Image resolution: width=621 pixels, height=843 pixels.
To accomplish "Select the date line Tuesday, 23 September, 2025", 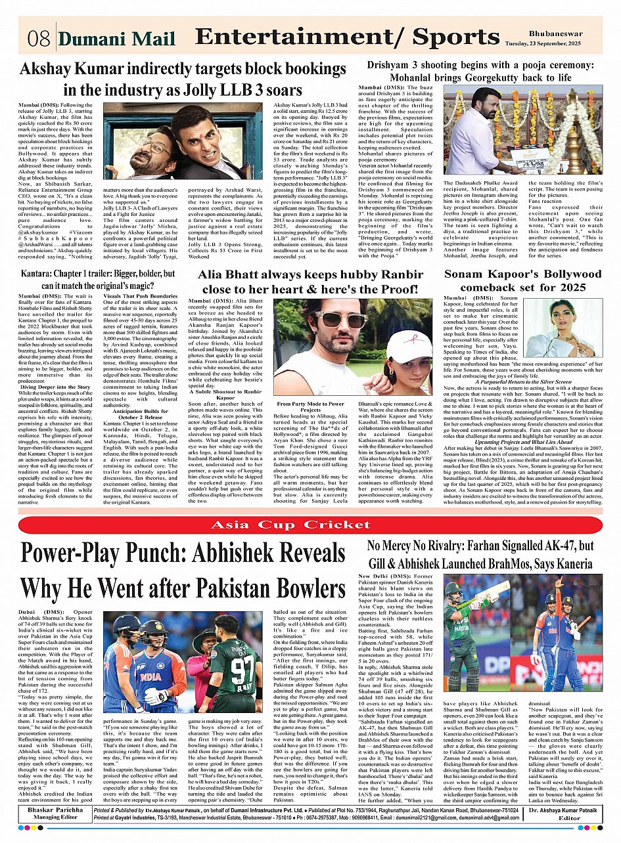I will [563, 43].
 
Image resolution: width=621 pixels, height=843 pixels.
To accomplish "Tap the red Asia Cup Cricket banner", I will [310, 525].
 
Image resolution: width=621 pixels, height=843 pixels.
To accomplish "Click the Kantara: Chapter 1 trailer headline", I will [98, 278].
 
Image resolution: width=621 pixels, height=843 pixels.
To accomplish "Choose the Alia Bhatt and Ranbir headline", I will [309, 282].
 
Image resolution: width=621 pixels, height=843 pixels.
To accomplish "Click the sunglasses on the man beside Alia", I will [340, 320].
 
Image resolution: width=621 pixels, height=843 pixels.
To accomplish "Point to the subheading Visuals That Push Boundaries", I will [140, 296].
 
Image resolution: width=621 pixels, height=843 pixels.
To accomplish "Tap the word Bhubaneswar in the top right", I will [563, 32].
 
